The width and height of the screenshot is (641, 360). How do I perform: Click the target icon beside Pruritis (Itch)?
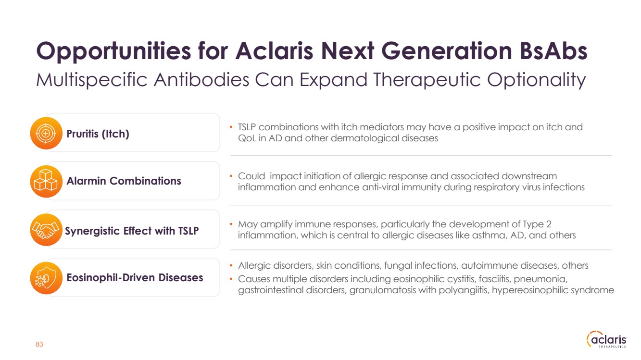46,133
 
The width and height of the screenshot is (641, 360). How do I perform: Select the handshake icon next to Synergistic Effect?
46,230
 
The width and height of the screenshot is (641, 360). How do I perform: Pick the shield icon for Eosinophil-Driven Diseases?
46,278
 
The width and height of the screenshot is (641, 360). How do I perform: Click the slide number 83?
39,344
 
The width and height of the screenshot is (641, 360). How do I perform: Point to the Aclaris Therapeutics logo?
606,339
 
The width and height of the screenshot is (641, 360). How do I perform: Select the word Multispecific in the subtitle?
91,80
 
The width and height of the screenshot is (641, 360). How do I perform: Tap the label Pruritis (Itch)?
98,134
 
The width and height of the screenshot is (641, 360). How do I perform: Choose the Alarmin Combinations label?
124,181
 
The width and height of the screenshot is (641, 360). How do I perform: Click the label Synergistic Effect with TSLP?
132,231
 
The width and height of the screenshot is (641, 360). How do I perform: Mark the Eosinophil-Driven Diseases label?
135,277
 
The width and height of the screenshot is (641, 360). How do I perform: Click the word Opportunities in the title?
113,52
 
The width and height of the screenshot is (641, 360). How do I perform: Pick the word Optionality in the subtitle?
536,80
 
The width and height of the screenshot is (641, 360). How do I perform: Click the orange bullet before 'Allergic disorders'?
231,266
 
